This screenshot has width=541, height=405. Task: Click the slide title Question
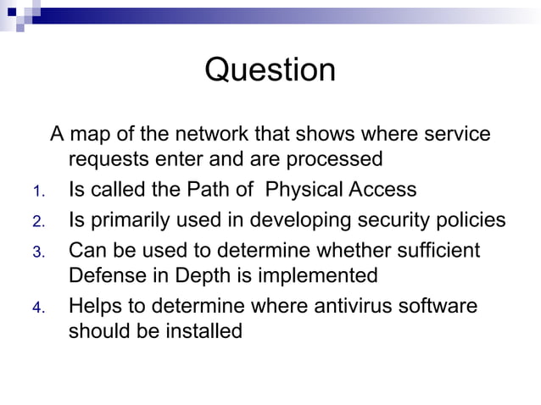pyautogui.click(x=270, y=69)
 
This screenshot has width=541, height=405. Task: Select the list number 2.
pyautogui.click(x=37, y=222)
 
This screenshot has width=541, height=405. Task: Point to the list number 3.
pyautogui.click(x=37, y=252)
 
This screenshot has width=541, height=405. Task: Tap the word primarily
pyautogui.click(x=131, y=221)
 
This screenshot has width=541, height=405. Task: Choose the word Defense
pyautogui.click(x=106, y=275)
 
